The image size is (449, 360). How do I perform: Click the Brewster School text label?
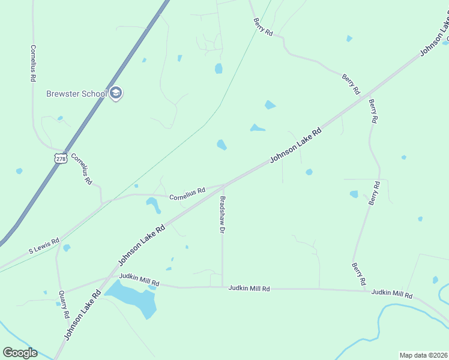pos(77,94)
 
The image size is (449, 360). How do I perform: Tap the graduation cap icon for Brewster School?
pos(116,94)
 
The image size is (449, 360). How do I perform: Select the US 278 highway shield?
pos(59,158)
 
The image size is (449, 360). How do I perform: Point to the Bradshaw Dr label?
pos(222,214)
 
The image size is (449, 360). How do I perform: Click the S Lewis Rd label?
pos(44,245)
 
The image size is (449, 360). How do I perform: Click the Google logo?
pos(20,353)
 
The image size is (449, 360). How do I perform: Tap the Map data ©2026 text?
pos(423,355)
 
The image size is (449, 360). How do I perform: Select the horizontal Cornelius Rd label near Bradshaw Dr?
pos(187,194)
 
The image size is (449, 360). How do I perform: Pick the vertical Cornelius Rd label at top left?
pos(34,63)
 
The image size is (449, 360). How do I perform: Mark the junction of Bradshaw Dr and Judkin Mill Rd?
pos(222,287)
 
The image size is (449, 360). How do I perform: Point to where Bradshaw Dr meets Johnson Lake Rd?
pos(224,185)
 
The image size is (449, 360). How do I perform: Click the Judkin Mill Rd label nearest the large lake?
pos(139,279)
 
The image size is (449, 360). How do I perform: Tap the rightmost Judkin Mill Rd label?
pos(392,294)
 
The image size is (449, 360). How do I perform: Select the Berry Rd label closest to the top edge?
pos(262,28)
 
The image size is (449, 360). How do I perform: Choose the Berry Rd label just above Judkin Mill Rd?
pos(359,274)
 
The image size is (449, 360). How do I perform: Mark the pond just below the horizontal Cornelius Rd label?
pos(154,205)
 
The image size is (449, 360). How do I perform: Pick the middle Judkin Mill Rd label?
pos(249,289)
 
